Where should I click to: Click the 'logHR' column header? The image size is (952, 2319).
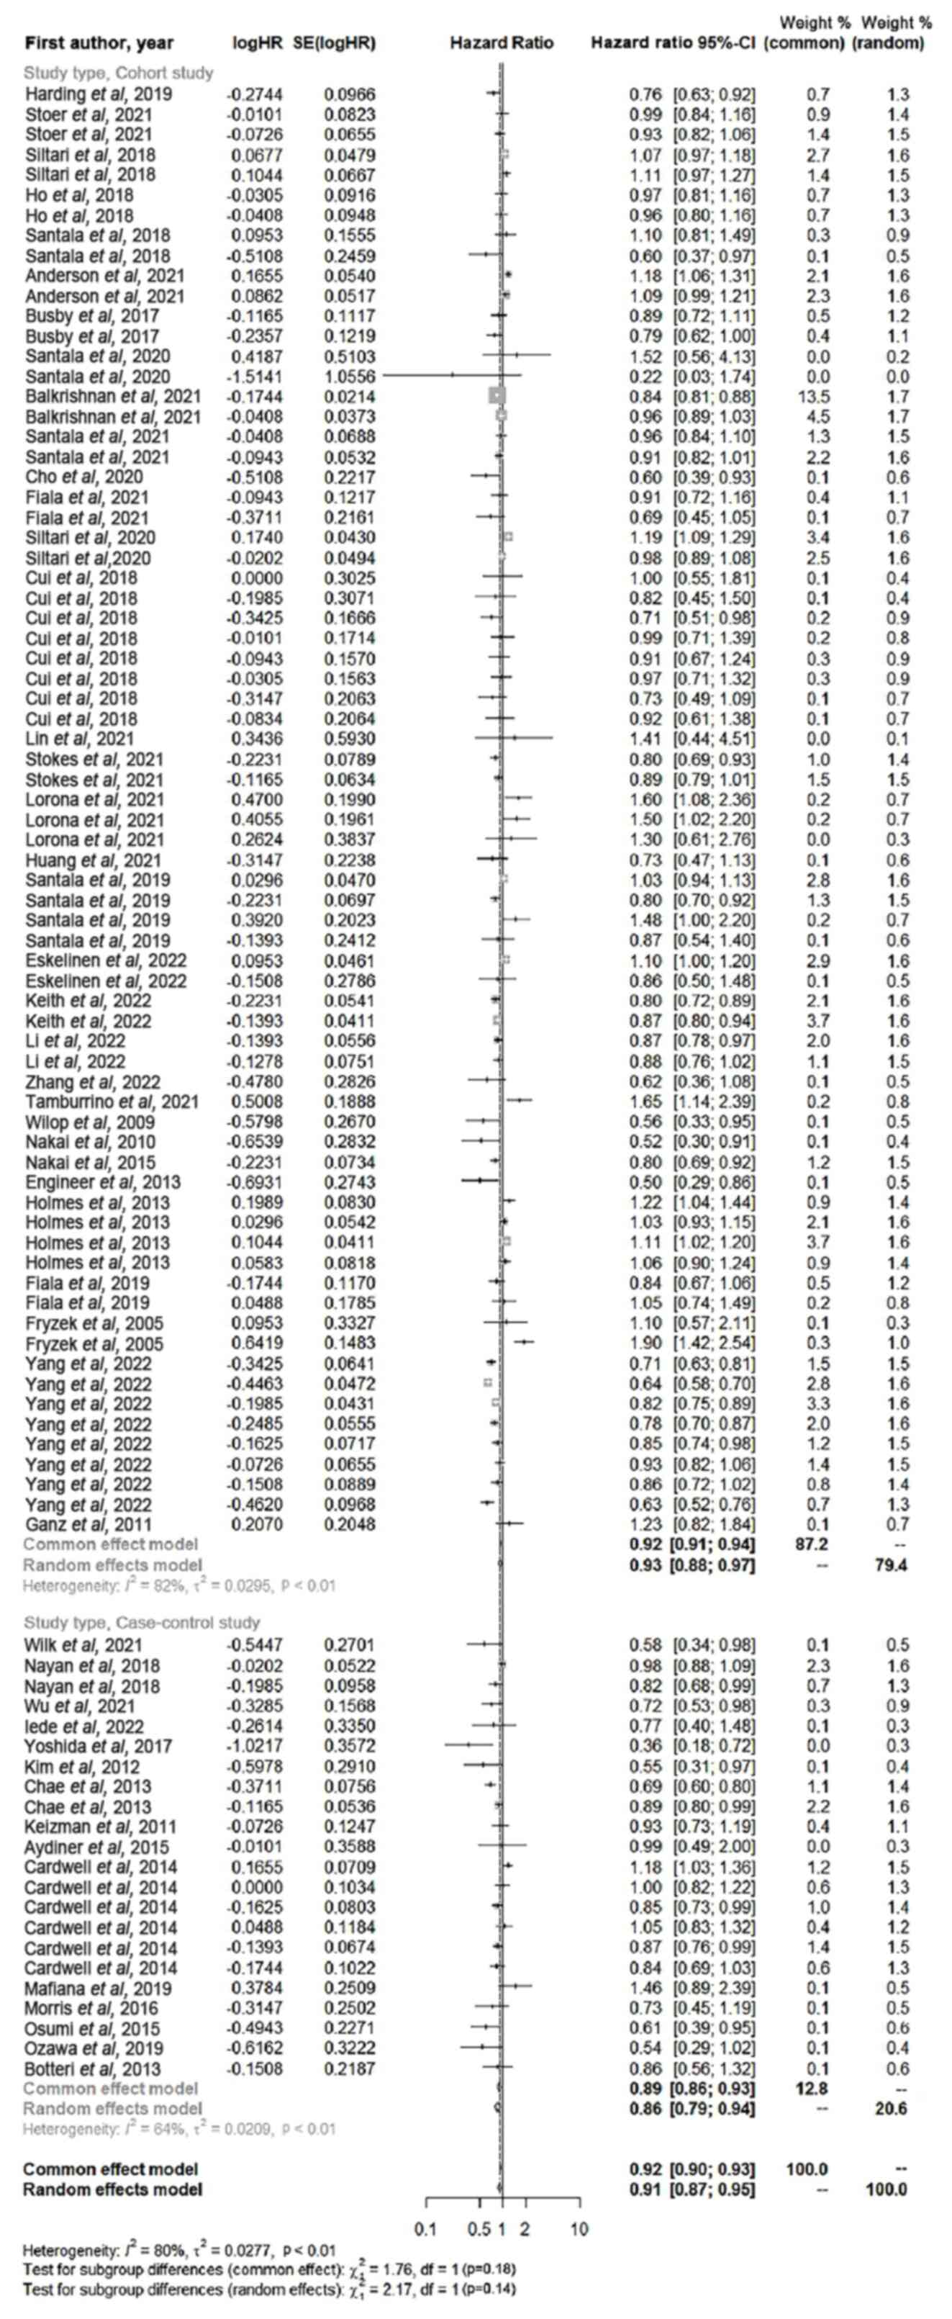tap(258, 43)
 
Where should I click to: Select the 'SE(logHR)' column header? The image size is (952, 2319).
tap(334, 43)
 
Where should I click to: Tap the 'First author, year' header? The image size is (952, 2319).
tap(99, 43)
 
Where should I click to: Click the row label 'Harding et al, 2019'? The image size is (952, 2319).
tap(98, 94)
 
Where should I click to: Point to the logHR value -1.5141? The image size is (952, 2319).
tap(259, 377)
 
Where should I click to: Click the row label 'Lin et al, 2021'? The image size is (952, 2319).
tap(80, 739)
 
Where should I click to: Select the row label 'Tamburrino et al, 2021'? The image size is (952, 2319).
tap(112, 1102)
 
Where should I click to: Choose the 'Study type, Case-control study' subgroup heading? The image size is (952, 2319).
tap(141, 1623)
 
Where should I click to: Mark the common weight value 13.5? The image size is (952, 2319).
tap(818, 396)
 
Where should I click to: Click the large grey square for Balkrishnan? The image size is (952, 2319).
tap(497, 395)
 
